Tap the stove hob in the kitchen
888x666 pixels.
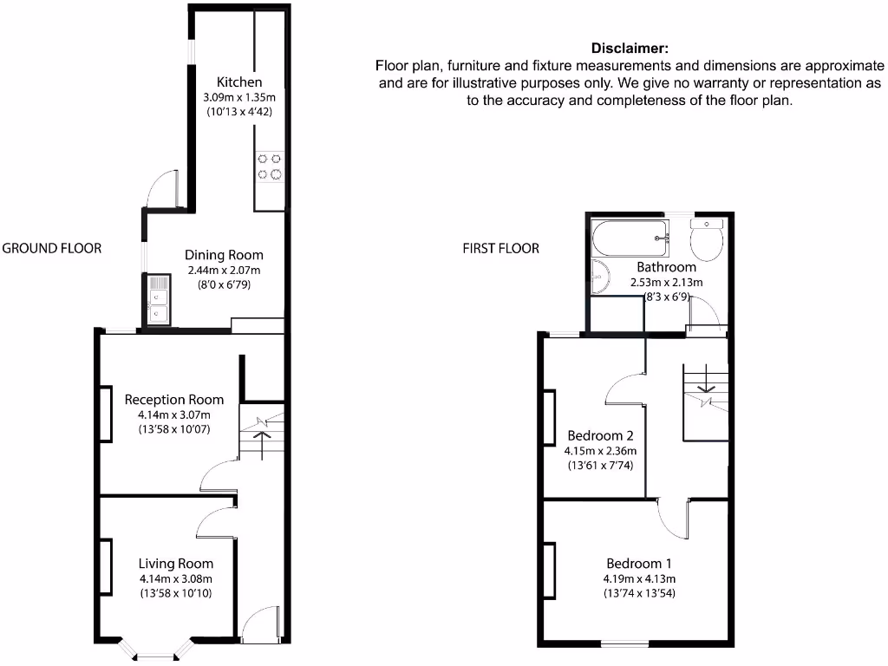click(269, 166)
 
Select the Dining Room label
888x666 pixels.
click(224, 255)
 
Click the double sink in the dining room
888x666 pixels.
click(158, 300)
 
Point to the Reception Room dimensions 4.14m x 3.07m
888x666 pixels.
click(173, 415)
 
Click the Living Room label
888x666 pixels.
click(174, 564)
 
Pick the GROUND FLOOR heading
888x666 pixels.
click(52, 248)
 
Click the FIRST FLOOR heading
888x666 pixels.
click(500, 249)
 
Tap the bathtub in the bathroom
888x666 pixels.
click(630, 234)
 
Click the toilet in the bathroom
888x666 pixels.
click(707, 240)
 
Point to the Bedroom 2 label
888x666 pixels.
click(601, 435)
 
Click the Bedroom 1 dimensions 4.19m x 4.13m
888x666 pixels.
click(640, 579)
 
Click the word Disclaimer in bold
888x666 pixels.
click(630, 48)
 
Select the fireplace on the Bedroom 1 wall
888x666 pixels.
click(549, 571)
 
